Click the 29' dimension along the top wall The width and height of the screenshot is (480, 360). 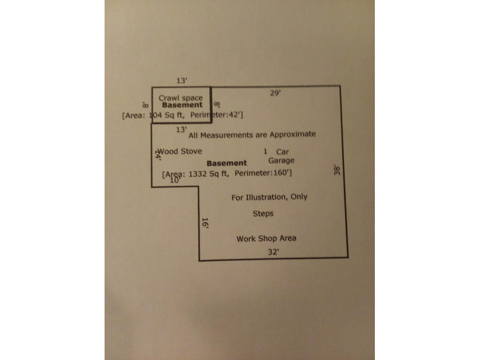275,93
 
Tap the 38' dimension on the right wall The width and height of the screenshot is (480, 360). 337,170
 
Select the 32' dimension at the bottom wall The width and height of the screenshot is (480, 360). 273,252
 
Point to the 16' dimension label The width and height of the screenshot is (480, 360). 205,223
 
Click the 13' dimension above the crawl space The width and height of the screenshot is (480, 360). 182,81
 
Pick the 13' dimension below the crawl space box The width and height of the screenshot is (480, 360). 181,130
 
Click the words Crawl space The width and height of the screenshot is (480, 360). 181,98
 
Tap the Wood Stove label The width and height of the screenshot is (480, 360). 179,151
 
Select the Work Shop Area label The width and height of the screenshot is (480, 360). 266,238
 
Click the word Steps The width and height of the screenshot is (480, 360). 263,214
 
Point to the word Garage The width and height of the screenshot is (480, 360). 281,161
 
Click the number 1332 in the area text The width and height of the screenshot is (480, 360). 198,174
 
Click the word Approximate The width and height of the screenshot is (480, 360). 293,134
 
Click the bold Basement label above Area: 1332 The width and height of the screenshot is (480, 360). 227,163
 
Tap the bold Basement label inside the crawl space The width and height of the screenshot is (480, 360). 182,105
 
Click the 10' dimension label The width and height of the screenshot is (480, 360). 175,181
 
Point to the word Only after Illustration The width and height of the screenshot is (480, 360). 299,197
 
